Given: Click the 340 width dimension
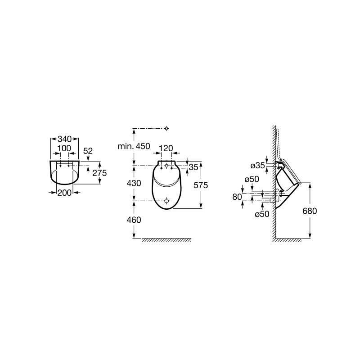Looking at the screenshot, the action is coord(64,139).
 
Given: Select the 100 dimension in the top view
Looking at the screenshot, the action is coord(64,148).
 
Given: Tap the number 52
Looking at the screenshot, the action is coord(88,151).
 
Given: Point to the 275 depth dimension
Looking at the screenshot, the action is coord(99,173).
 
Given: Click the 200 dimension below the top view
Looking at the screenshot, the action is coord(64,193).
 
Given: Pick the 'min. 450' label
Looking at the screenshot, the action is coord(134,146).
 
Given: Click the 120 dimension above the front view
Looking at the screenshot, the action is coord(166,148).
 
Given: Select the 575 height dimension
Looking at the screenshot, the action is coord(201,185).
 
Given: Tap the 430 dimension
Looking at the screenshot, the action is coord(134,183).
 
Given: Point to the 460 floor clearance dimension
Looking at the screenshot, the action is coord(134,220).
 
